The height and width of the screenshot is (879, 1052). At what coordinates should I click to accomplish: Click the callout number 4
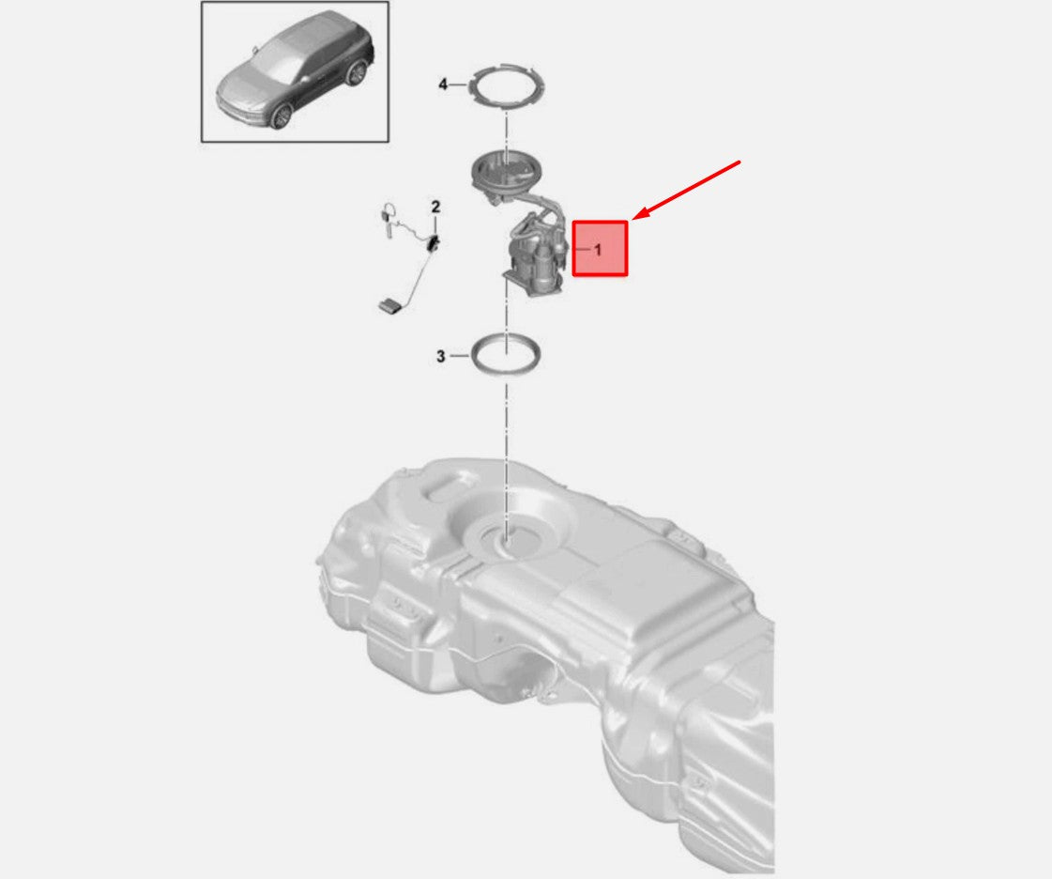[x=443, y=85]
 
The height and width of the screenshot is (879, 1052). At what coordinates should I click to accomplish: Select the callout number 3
[x=441, y=356]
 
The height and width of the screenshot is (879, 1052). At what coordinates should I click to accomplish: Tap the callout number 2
[x=435, y=207]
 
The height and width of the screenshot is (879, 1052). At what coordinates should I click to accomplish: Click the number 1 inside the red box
[x=599, y=250]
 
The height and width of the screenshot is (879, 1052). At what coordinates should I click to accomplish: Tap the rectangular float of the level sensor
[x=390, y=305]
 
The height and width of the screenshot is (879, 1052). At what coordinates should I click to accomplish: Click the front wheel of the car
[x=282, y=116]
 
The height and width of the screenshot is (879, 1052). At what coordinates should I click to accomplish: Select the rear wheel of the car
[x=357, y=72]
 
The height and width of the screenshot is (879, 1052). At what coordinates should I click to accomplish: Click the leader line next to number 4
[x=458, y=85]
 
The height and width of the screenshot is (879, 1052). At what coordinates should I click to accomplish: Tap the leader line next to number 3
[x=460, y=355]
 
